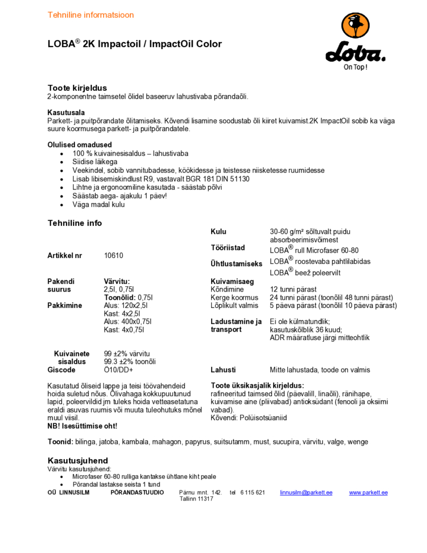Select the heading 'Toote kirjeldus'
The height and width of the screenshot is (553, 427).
(77, 87)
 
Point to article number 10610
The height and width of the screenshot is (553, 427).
(113, 255)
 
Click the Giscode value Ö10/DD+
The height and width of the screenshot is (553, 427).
(118, 370)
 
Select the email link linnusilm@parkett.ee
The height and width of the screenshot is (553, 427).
(306, 493)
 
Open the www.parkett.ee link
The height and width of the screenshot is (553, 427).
(368, 493)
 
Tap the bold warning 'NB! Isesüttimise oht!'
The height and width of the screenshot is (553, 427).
(82, 426)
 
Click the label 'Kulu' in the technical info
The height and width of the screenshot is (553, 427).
(218, 232)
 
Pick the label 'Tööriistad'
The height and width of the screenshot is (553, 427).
(227, 248)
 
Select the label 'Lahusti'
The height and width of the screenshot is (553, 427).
(223, 370)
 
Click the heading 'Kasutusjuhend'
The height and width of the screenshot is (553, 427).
(78, 461)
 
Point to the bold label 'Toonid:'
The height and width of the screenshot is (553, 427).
(60, 442)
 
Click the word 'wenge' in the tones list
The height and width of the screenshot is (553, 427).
(358, 442)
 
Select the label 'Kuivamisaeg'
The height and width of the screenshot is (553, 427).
(232, 281)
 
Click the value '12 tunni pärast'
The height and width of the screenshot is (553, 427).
(293, 289)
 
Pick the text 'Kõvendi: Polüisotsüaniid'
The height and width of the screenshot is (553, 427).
(249, 417)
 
